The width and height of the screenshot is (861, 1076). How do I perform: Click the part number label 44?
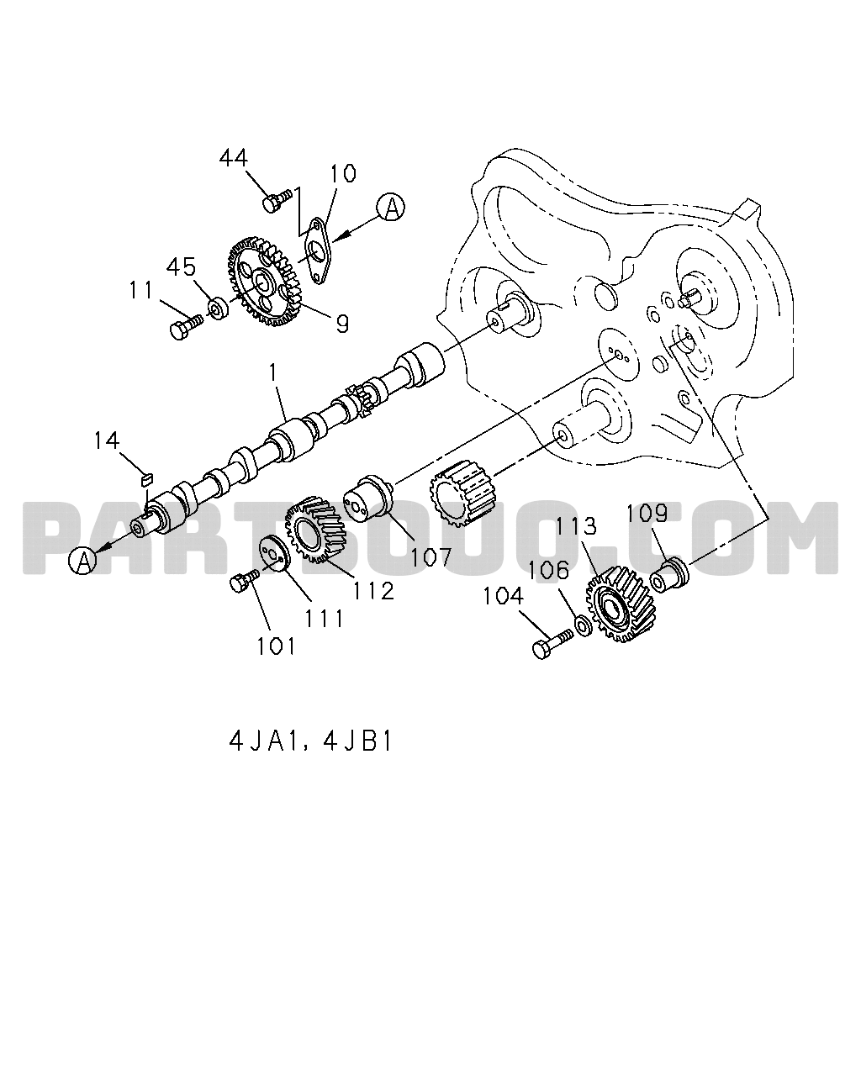click(233, 158)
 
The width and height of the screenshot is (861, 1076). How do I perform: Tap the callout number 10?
click(342, 173)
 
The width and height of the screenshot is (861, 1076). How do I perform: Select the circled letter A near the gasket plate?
click(391, 207)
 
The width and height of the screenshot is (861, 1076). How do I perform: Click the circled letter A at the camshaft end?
click(83, 560)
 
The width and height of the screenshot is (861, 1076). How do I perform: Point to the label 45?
click(181, 267)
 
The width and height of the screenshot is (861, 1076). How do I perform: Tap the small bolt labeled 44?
click(276, 201)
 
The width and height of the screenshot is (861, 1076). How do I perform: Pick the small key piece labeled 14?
click(146, 478)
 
